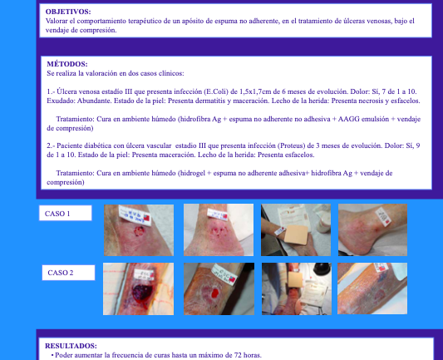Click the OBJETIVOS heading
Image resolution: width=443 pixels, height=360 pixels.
coord(68,12)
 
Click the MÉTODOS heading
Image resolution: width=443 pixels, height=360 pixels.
coord(67,64)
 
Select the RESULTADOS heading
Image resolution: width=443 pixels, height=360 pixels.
coord(71,346)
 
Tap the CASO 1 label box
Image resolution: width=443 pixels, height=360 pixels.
coord(66,213)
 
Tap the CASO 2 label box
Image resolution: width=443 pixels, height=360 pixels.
coord(68,273)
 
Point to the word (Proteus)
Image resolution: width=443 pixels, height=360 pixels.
coord(291,145)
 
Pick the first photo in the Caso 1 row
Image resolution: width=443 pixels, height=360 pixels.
coord(139,230)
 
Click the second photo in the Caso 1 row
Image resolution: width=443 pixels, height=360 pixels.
coord(219,229)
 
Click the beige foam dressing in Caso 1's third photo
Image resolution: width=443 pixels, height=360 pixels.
coord(296,234)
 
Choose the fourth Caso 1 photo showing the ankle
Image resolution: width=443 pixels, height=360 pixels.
coord(372,229)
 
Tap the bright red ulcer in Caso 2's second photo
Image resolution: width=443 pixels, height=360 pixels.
coord(215,293)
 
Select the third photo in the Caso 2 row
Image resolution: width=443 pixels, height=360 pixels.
coord(297,288)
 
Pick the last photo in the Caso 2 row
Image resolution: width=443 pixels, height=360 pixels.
coord(372,288)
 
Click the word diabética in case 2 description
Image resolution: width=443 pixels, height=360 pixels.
coord(96,145)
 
